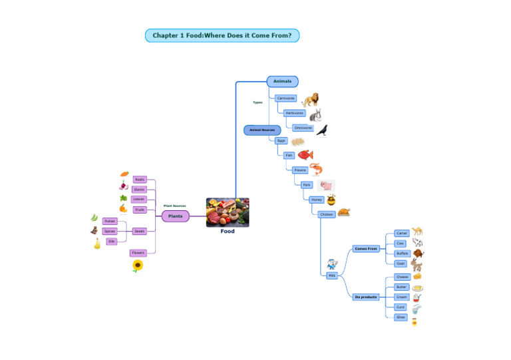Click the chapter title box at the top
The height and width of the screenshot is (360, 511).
tap(222, 35)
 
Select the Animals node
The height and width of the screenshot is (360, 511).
tap(282, 81)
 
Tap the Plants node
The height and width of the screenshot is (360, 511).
tap(175, 216)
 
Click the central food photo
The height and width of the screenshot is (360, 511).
tap(228, 212)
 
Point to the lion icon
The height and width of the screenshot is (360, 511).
tap(310, 100)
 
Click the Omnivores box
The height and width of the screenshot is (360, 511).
tap(303, 128)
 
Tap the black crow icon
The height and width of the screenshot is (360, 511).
tap(322, 130)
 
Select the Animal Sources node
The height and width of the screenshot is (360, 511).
tap(262, 130)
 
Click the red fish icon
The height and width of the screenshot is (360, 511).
tap(305, 154)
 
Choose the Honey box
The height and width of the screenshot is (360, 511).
tap(316, 200)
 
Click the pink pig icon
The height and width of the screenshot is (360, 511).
tap(326, 185)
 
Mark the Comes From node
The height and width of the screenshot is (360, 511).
tap(366, 248)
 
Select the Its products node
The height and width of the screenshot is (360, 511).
tap(366, 297)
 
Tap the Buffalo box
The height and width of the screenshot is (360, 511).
tap(401, 254)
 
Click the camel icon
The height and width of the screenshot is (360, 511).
tap(417, 232)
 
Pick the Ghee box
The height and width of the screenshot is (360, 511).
tap(401, 317)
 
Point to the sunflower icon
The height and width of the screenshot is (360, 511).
tap(138, 266)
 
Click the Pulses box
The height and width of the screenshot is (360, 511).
tap(110, 221)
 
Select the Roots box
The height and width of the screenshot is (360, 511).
tap(140, 180)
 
